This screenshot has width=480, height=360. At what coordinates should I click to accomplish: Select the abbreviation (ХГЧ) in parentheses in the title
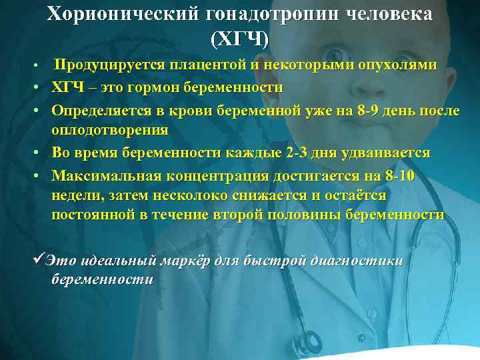pos(239,39)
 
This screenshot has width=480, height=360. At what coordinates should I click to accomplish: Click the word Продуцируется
pos(109,65)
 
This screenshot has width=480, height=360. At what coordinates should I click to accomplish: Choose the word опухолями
pos(402,65)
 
